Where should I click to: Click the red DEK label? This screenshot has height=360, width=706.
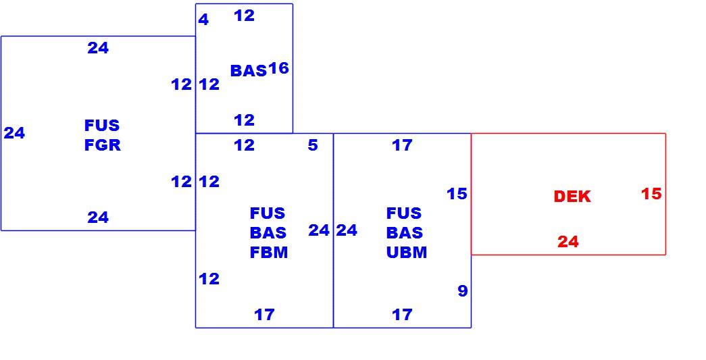click(572, 197)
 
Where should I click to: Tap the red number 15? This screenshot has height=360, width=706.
click(651, 194)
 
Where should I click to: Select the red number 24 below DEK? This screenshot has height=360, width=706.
click(568, 242)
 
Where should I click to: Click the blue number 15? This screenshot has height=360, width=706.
click(457, 194)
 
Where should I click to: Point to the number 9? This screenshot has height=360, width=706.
click(462, 291)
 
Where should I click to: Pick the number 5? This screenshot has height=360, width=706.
click(313, 145)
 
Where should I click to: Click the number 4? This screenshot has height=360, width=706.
click(203, 20)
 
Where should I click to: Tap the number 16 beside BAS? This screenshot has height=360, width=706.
click(278, 68)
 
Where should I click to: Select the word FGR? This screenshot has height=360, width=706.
click(103, 145)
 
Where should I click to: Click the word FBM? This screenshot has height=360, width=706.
click(269, 253)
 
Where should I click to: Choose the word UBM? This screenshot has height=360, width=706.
click(407, 253)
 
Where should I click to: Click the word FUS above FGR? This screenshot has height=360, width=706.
click(102, 125)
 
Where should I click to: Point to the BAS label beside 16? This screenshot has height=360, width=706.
click(249, 71)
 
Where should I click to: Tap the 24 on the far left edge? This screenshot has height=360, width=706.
click(14, 133)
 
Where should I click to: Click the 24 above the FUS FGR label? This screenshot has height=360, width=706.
click(98, 48)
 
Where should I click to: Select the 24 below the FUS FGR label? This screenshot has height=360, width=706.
click(98, 217)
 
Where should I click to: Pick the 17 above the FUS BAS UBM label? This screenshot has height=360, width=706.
click(402, 145)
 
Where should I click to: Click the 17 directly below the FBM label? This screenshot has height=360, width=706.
click(264, 315)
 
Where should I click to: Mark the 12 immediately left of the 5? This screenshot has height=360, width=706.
click(244, 145)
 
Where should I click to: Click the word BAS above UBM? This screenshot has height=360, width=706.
click(405, 233)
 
